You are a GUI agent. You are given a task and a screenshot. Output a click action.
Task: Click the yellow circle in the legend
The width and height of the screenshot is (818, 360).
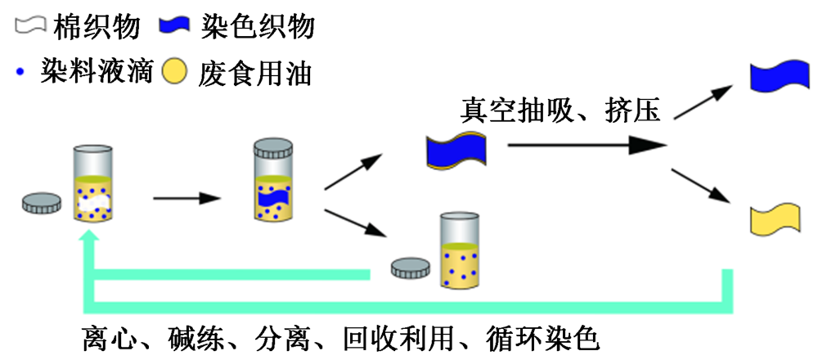point(174,73)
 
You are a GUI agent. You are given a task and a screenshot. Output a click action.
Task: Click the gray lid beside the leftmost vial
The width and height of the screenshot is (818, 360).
point(42,203)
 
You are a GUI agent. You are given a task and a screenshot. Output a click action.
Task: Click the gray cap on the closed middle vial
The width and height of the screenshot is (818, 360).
point(273,149)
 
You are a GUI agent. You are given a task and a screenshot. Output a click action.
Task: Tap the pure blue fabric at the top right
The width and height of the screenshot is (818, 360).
point(779,75)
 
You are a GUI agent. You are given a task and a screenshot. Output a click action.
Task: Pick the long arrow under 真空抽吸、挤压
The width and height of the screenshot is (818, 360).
point(585,146)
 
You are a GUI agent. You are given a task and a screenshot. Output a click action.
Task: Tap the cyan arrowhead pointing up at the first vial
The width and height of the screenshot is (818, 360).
point(92,237)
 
